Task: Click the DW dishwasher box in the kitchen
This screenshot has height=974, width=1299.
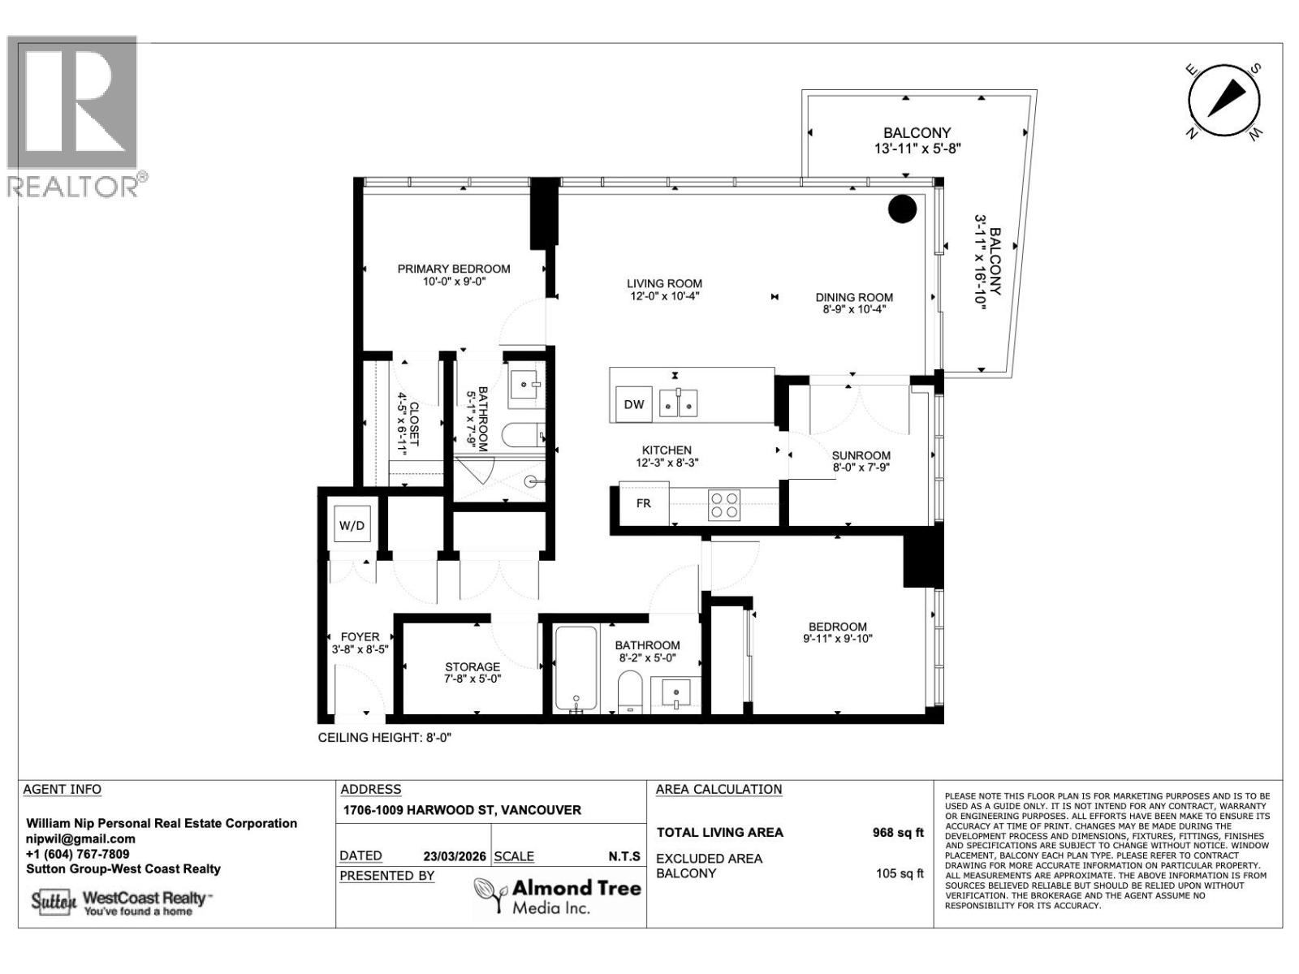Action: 634,404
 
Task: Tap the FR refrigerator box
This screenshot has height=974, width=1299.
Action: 643,503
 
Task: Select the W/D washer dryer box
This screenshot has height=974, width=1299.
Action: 352,526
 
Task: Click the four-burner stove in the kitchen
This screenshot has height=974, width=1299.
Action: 724,505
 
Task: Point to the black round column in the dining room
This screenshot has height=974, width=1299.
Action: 902,209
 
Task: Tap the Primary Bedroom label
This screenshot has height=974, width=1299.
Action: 453,269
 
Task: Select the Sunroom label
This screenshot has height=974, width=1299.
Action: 861,455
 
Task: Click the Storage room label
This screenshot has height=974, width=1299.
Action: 472,666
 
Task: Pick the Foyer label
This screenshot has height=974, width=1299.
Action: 360,636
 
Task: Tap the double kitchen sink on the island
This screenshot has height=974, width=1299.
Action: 678,403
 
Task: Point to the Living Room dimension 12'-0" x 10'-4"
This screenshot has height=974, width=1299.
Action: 663,296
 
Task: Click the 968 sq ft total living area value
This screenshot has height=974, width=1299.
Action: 897,832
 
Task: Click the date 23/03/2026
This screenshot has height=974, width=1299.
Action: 455,855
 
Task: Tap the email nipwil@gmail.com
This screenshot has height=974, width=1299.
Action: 80,838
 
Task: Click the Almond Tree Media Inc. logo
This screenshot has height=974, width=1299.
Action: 558,895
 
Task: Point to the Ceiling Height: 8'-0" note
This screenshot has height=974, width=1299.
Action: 383,738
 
